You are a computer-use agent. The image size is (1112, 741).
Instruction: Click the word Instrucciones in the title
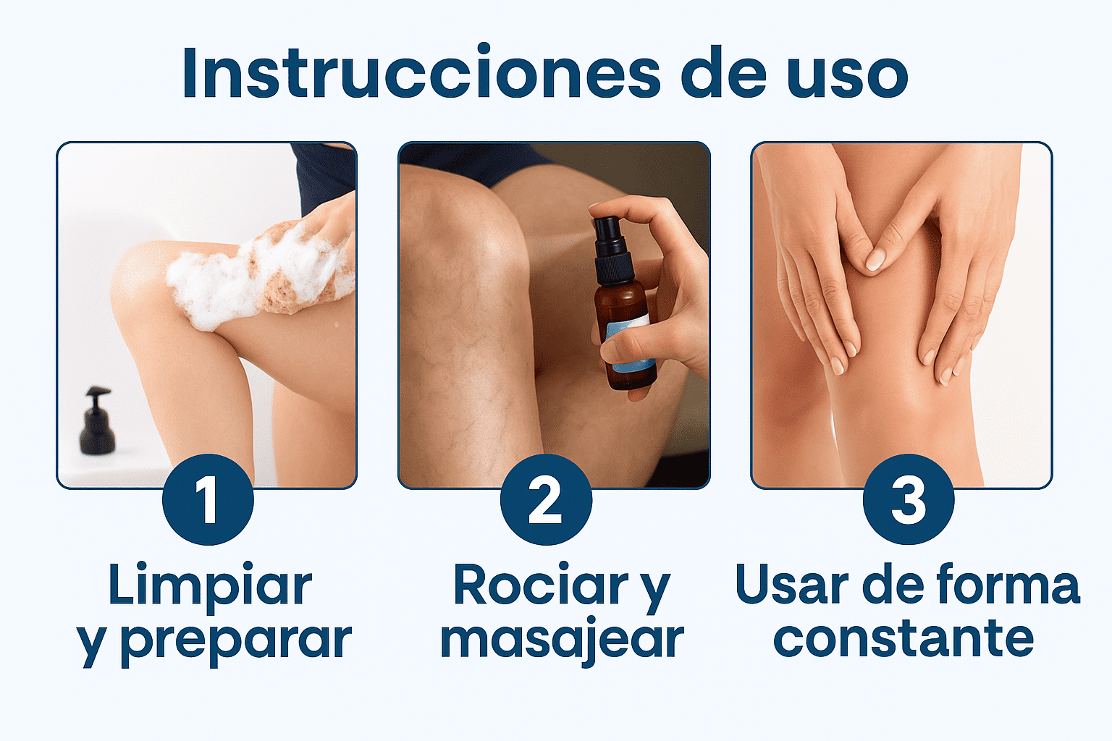coord(421,74)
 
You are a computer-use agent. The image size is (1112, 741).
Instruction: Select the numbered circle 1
coord(208,499)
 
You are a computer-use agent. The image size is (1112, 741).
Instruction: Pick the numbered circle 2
coord(546,499)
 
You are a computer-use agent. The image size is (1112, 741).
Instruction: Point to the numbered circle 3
coord(909,499)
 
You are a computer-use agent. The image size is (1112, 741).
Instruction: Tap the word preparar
coord(236,643)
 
